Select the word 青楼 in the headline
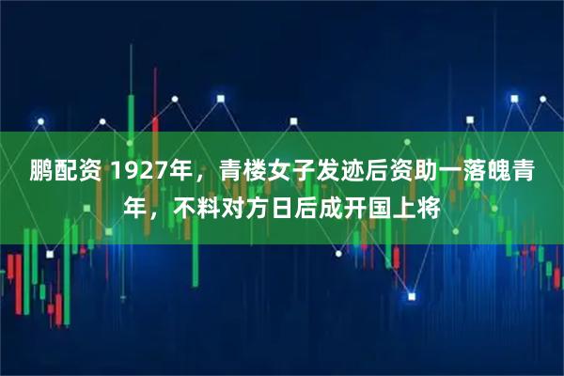(243, 171)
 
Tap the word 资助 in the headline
(400, 171)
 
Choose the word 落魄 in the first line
(479, 171)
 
